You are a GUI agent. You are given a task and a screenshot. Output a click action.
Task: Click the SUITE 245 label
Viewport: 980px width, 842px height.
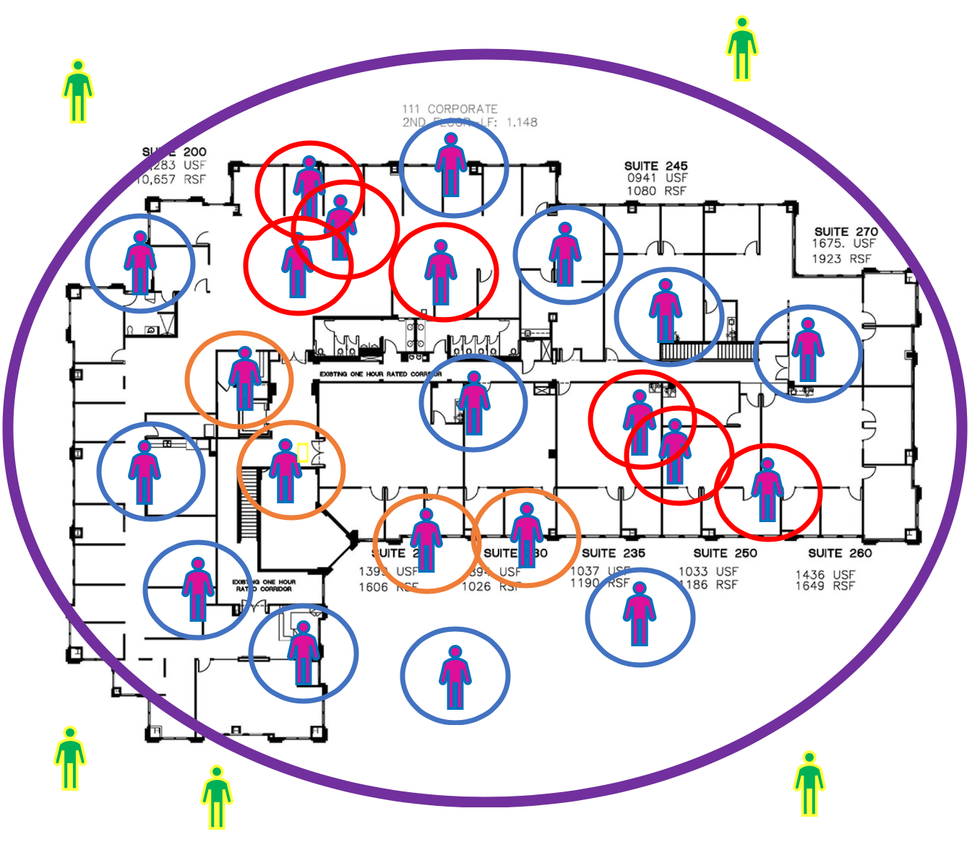[x=656, y=165]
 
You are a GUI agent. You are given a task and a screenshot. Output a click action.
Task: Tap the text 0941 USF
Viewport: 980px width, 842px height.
[x=657, y=178]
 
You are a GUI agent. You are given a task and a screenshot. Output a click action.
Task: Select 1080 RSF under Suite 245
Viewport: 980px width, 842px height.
[x=656, y=191]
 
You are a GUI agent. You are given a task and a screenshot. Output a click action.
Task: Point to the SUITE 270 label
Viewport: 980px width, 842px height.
[x=846, y=232]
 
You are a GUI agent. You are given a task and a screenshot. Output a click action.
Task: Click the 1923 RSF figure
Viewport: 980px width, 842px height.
[x=841, y=259]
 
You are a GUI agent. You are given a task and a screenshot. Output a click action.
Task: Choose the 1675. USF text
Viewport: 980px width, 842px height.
[x=843, y=244]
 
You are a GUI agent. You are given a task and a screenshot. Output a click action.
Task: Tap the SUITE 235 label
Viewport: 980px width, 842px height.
[x=613, y=553]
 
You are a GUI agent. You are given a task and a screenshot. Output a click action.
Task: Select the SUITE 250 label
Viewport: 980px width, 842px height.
[x=725, y=553]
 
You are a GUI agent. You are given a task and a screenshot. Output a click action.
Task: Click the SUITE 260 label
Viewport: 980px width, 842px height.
[x=840, y=553]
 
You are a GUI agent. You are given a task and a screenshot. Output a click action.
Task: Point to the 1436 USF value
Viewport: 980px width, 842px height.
[x=825, y=574]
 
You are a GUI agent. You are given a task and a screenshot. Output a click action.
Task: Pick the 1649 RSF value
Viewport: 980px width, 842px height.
[x=825, y=586]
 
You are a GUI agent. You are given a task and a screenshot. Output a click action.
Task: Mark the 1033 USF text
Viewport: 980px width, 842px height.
[x=708, y=571]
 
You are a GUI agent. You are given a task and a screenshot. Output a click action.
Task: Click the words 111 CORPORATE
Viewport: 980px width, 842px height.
[x=450, y=109]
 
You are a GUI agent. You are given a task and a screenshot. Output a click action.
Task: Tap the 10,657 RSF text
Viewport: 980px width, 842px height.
[x=172, y=179]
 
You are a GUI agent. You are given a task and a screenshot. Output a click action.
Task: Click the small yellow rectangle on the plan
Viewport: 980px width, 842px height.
[x=303, y=453]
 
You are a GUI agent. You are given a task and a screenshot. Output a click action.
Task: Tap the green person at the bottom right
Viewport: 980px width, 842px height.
[x=809, y=783]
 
